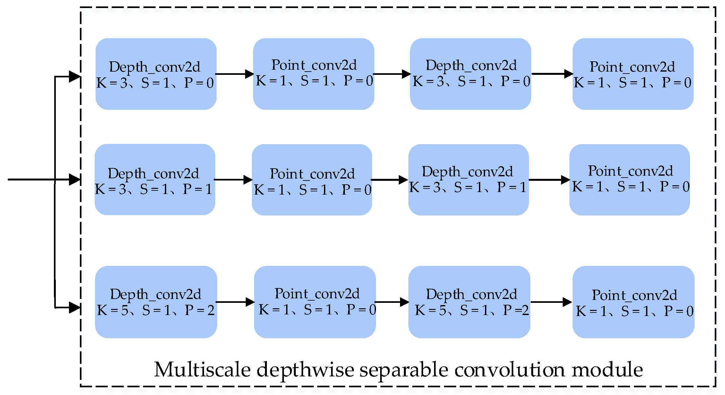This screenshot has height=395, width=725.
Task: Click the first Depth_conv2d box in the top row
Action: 156,74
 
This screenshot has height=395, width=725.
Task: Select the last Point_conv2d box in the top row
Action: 633,74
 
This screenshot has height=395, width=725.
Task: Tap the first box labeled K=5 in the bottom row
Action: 156,302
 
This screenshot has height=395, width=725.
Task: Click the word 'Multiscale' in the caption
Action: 202,370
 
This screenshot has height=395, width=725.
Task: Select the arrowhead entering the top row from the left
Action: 74,76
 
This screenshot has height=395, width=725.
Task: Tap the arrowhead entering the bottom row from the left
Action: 74,307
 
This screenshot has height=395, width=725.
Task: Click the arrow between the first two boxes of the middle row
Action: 233,180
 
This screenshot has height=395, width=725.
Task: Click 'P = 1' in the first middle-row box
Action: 198,189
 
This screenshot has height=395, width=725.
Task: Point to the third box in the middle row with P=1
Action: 468,180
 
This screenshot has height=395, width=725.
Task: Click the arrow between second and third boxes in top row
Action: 392,74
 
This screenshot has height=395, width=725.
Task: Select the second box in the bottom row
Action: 315,302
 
